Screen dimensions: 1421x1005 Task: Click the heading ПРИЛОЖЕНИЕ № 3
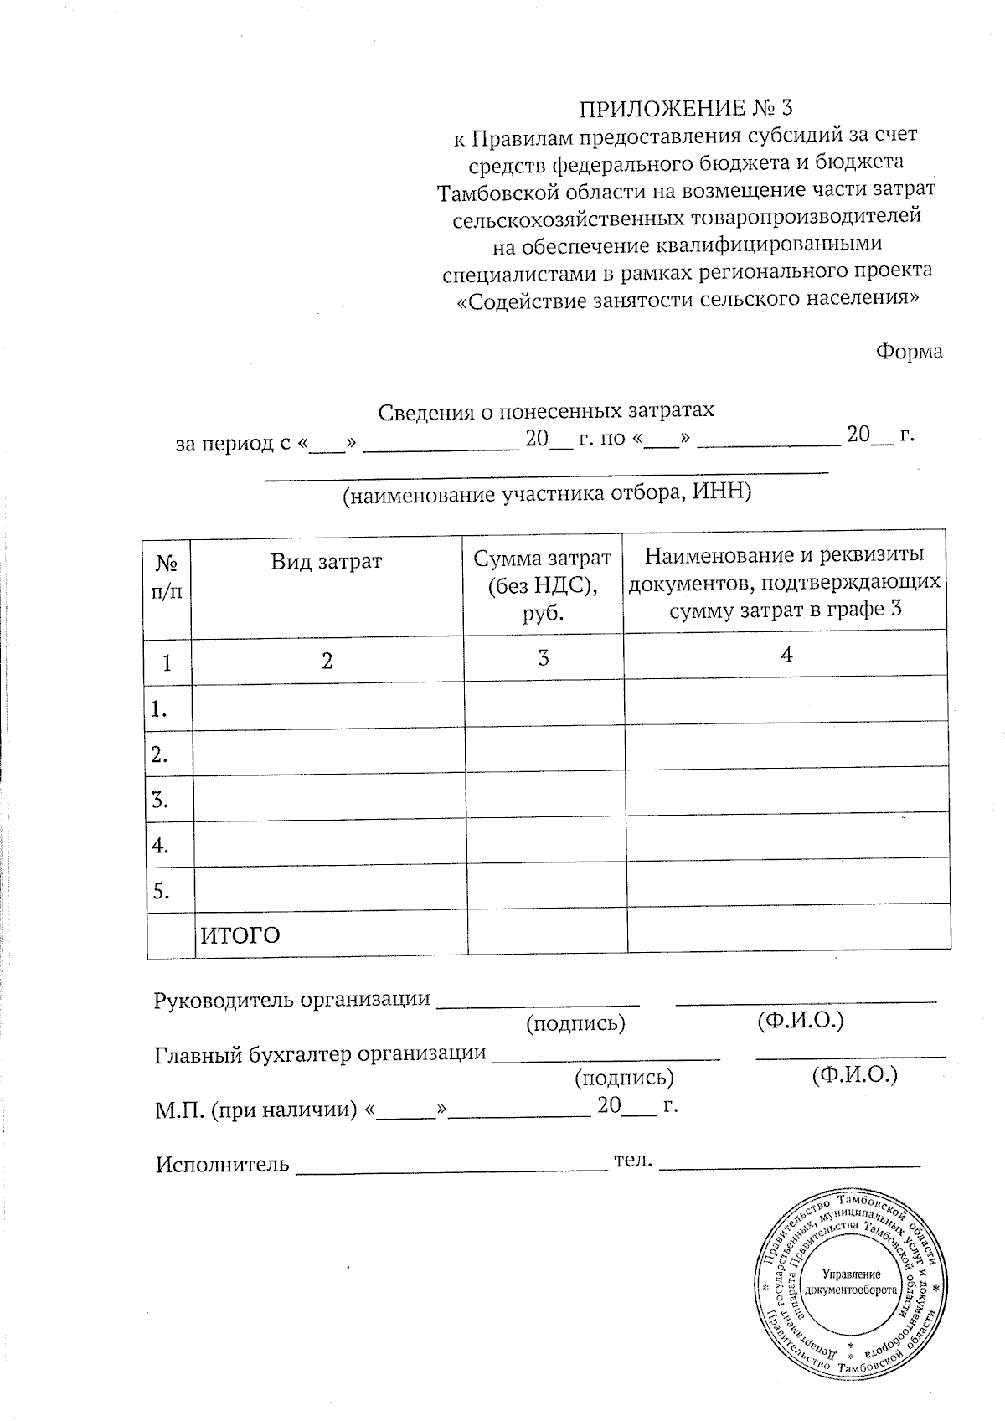pos(685,108)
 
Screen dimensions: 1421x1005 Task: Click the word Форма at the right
pos(909,352)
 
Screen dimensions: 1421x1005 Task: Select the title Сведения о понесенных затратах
pos(546,411)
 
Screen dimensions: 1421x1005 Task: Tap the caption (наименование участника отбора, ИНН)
pos(547,493)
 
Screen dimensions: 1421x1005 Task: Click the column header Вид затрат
pos(327,561)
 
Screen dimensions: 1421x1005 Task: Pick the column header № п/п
pos(167,579)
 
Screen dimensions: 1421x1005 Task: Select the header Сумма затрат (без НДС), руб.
pos(543,584)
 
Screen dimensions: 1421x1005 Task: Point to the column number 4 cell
pos(786,656)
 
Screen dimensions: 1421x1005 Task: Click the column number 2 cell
pos(327,662)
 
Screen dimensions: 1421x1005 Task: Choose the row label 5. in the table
pos(160,892)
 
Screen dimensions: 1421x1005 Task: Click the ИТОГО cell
pos(240,935)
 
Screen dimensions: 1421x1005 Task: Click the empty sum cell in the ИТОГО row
pos(546,931)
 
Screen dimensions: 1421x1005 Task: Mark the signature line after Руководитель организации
pos(539,1001)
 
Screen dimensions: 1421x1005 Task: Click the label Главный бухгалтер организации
pos(321,1053)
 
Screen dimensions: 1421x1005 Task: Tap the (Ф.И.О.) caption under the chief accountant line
pos(853,1074)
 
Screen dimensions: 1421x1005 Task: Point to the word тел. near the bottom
pos(633,1161)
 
